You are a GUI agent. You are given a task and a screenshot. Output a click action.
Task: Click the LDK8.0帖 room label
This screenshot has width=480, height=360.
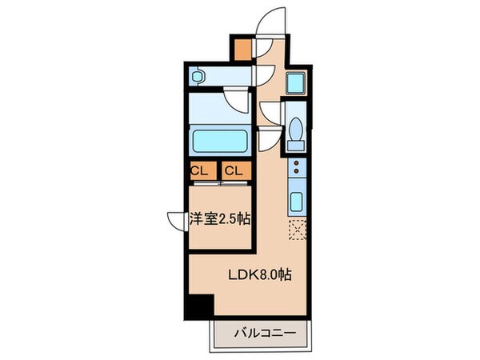[x=258, y=274]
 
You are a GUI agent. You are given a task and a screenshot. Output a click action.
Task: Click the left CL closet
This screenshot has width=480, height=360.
[x=200, y=170]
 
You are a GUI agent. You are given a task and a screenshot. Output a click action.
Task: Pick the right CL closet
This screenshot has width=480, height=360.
[x=234, y=170]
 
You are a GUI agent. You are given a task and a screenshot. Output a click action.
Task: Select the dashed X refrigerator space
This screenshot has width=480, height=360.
[x=297, y=229]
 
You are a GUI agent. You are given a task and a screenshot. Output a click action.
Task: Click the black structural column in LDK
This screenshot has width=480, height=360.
[x=198, y=306]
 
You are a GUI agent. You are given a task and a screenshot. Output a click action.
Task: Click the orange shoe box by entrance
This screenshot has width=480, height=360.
[x=242, y=48]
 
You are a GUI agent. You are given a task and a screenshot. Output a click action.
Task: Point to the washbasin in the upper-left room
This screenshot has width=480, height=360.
[x=198, y=76]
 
